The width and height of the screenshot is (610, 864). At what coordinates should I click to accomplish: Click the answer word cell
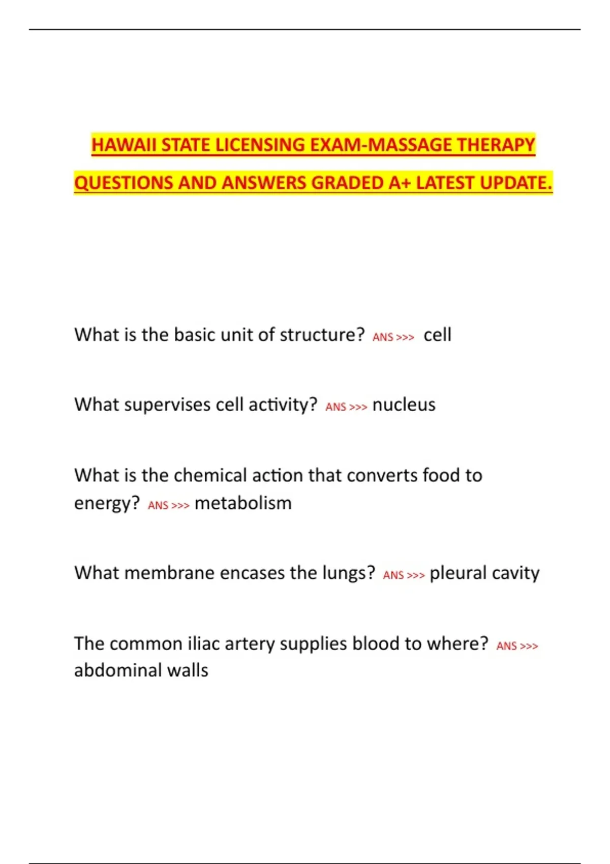point(437,335)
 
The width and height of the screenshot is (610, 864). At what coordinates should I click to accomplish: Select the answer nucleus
point(404,405)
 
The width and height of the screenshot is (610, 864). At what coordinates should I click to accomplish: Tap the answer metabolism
point(243,504)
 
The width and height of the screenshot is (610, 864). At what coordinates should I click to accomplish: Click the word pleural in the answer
point(458,574)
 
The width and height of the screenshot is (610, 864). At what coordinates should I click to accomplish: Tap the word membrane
point(170,573)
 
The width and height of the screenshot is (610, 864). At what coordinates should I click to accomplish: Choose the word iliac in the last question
point(203,644)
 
